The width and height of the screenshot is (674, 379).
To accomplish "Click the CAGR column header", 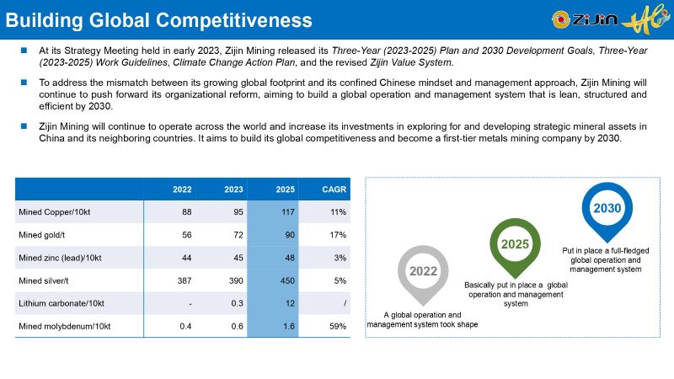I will [334, 189].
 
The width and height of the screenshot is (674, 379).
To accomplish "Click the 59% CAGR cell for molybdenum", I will [338, 326].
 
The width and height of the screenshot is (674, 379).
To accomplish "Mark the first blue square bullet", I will [25, 51].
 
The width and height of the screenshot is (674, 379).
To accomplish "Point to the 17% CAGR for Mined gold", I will [338, 234].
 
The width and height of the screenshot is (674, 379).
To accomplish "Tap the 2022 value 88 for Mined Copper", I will [186, 211].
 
